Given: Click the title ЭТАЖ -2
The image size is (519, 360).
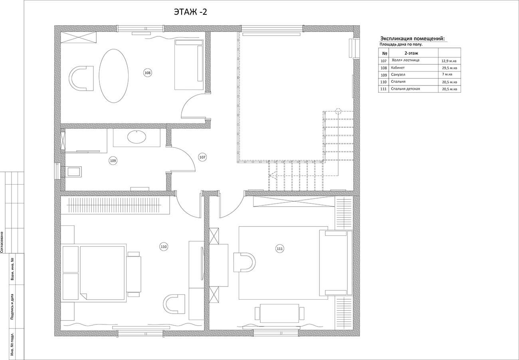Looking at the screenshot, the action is pyautogui.click(x=190, y=12).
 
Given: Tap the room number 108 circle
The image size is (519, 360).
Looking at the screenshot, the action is pyautogui.click(x=148, y=73).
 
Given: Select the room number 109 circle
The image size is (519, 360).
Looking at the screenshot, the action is pyautogui.click(x=113, y=161).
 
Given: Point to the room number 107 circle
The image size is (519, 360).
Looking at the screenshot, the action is pyautogui.click(x=202, y=157).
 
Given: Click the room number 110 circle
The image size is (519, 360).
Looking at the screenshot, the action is pyautogui.click(x=164, y=247).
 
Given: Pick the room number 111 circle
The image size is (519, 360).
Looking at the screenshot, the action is pyautogui.click(x=279, y=249).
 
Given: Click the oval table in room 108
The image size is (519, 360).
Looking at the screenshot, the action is pyautogui.click(x=113, y=76).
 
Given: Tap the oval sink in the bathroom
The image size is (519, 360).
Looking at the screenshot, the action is pyautogui.click(x=137, y=137).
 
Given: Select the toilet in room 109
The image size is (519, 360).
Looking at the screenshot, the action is pyautogui.click(x=73, y=172).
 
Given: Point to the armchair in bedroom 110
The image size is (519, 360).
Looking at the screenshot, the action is pyautogui.click(x=174, y=304).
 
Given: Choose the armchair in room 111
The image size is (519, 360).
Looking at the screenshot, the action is pyautogui.click(x=244, y=262).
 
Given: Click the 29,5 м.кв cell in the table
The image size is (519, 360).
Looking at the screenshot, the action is pyautogui.click(x=450, y=68).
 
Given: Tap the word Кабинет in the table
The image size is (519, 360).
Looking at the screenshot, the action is pyautogui.click(x=398, y=68).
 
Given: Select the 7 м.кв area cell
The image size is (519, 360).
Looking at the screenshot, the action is pyautogui.click(x=447, y=74).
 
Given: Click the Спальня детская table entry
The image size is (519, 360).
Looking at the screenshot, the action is pyautogui.click(x=406, y=89).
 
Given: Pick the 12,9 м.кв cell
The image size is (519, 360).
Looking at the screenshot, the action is pyautogui.click(x=449, y=61).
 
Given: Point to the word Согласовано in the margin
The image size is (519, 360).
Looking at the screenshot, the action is pyautogui.click(x=2, y=242).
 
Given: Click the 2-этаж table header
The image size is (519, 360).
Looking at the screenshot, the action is pyautogui.click(x=412, y=53).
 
